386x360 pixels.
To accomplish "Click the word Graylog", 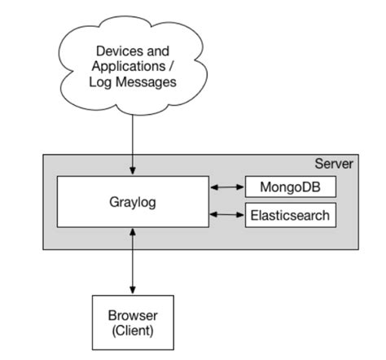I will pos(132,201).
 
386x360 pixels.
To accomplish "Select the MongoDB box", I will pos(290,187).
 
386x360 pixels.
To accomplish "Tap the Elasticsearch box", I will pos(290,215).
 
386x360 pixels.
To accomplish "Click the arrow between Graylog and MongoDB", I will pos(227,187).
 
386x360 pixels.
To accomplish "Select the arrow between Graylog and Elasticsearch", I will pos(227,215).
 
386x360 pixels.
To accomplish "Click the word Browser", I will pos(133,315).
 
